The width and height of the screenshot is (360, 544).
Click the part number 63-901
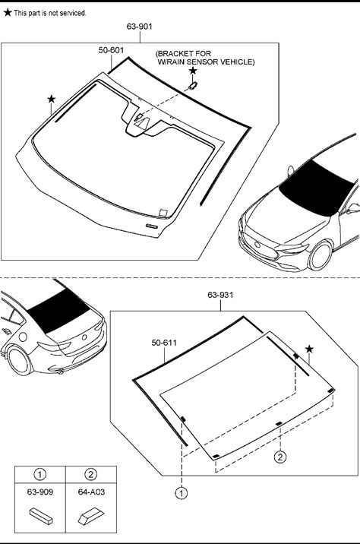click(x=140, y=27)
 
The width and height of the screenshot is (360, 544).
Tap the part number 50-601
click(x=111, y=50)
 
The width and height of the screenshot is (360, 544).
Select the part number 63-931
click(x=220, y=295)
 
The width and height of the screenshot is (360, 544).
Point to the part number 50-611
click(x=164, y=343)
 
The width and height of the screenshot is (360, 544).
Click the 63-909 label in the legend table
click(x=40, y=492)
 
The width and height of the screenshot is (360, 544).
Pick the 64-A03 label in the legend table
click(x=91, y=492)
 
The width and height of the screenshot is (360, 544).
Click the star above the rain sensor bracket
click(x=193, y=71)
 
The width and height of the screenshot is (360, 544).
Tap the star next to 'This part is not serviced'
click(x=8, y=13)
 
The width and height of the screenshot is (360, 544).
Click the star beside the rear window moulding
click(x=309, y=349)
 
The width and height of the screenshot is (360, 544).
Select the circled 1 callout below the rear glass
click(x=182, y=493)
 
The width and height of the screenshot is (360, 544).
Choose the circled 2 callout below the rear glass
click(x=280, y=457)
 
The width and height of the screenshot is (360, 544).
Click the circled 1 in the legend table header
click(x=40, y=474)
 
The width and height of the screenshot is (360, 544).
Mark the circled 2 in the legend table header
click(x=91, y=474)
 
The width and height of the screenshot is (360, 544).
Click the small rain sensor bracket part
click(x=192, y=85)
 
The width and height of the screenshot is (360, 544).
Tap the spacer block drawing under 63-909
click(x=41, y=516)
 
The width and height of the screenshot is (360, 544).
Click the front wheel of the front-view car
click(x=320, y=256)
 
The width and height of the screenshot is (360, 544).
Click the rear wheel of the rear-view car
click(x=20, y=361)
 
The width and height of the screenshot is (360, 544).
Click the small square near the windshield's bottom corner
click(x=163, y=212)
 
